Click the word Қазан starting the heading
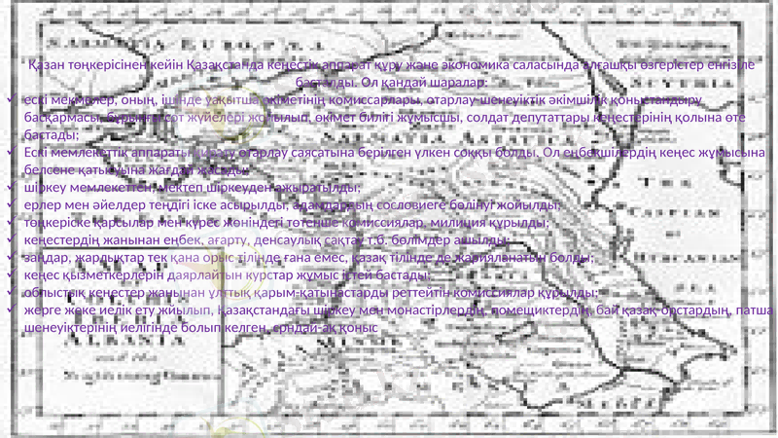pos(50,65)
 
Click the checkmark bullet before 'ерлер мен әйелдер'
pos(8,204)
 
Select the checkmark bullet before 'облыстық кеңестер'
pos(8,292)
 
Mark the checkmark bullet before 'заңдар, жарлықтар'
pos(8,257)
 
